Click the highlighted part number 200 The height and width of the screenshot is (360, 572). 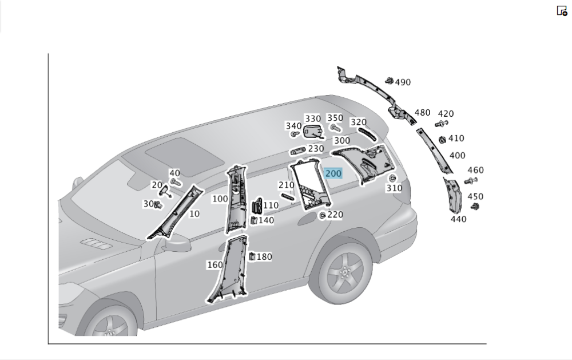click(x=333, y=173)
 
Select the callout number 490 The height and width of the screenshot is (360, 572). click(x=403, y=82)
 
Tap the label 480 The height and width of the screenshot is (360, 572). click(x=422, y=113)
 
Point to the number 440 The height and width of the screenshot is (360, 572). click(x=458, y=219)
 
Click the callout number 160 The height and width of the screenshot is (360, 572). click(x=214, y=265)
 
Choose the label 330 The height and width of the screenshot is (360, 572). click(x=312, y=119)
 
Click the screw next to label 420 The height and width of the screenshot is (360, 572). click(x=441, y=123)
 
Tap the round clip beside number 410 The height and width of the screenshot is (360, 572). click(x=442, y=140)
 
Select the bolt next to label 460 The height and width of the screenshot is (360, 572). click(x=471, y=181)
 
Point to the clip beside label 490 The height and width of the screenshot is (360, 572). click(x=389, y=81)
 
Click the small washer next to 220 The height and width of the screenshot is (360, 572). click(x=323, y=215)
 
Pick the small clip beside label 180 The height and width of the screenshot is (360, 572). click(x=252, y=257)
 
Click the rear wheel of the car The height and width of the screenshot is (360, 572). click(x=344, y=274)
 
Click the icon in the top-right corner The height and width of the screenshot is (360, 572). click(x=562, y=10)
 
